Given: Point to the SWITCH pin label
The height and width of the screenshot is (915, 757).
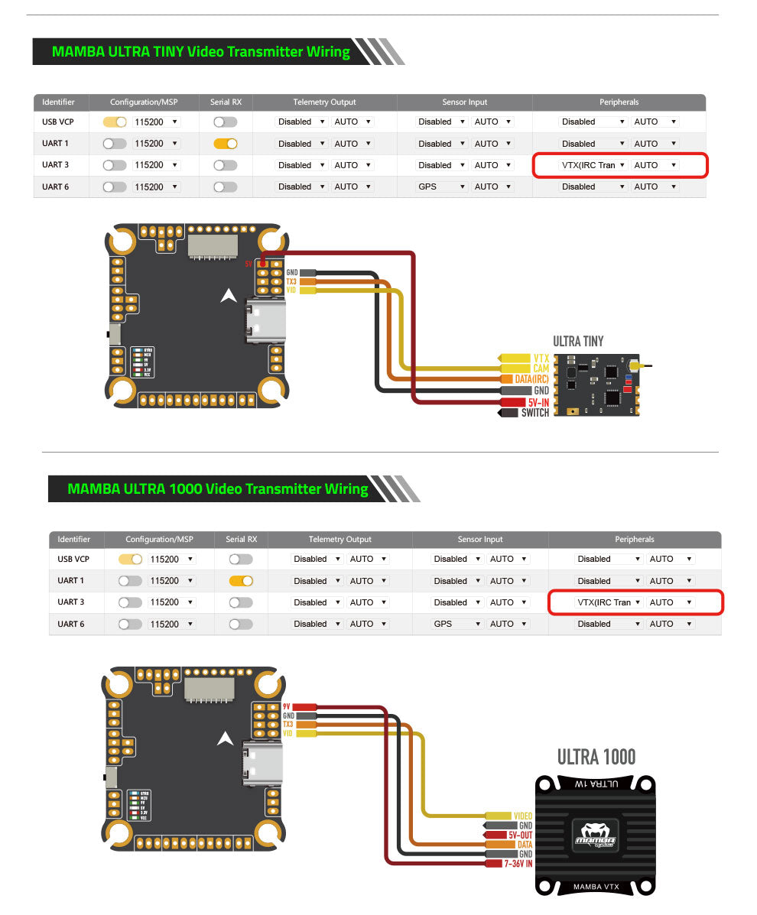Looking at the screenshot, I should [534, 413].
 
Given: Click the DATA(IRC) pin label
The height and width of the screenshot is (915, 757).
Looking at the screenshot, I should [531, 379].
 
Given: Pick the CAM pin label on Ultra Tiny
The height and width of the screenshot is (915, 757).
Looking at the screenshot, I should [541, 368].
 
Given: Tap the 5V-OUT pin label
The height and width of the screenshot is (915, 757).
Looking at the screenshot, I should [519, 835].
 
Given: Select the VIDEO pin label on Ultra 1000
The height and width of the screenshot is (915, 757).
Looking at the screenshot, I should [522, 816].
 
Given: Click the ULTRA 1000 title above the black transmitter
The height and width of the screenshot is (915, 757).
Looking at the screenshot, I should [596, 757].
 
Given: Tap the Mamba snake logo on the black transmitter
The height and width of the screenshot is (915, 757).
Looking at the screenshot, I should [594, 831].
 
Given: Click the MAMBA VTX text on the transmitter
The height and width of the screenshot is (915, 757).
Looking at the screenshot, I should [594, 887].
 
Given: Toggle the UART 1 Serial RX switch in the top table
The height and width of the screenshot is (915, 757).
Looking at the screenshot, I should [226, 143].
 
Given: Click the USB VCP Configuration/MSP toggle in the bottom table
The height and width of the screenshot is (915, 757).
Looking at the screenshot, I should [130, 559].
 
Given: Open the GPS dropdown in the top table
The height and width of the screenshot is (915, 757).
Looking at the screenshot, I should [441, 187].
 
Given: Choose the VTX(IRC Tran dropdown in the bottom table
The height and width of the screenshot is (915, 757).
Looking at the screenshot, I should [609, 602].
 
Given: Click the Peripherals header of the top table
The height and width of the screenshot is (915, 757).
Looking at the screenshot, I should [619, 102].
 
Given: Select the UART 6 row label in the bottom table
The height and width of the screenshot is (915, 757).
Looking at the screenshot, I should [70, 624].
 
